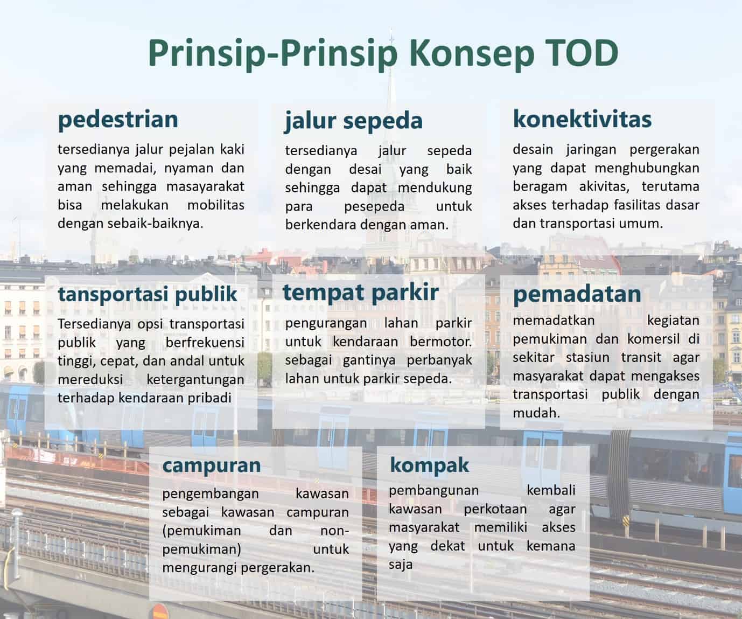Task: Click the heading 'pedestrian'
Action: (118, 119)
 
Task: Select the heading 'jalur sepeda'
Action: (354, 120)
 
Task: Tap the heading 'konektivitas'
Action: (582, 119)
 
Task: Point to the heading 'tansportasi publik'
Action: (148, 294)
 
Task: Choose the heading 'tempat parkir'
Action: (360, 292)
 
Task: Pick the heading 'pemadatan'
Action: (577, 294)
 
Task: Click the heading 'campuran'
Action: (211, 465)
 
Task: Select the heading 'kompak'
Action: (429, 465)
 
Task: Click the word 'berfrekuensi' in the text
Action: (205, 343)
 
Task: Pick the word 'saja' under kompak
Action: (400, 565)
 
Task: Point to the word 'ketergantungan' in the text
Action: (195, 380)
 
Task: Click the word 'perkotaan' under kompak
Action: (495, 509)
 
